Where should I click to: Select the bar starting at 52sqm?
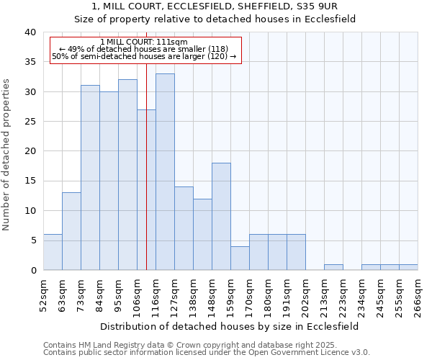[53, 252]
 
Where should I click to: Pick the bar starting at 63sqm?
[71, 231]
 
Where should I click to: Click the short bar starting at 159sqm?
[240, 258]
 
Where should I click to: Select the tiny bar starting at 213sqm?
[333, 267]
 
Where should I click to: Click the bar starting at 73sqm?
[90, 177]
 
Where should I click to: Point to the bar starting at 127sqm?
[184, 228]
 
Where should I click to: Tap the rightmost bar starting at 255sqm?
[408, 267]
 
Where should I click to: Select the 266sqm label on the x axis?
[418, 296]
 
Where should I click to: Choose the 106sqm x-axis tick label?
[137, 296]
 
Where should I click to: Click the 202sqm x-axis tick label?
[305, 296]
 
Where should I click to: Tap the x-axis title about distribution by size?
[230, 326]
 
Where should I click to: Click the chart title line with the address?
[216, 6]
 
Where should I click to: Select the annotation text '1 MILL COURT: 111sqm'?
[144, 42]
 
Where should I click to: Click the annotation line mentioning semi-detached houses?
[144, 56]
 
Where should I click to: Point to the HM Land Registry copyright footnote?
[206, 345]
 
